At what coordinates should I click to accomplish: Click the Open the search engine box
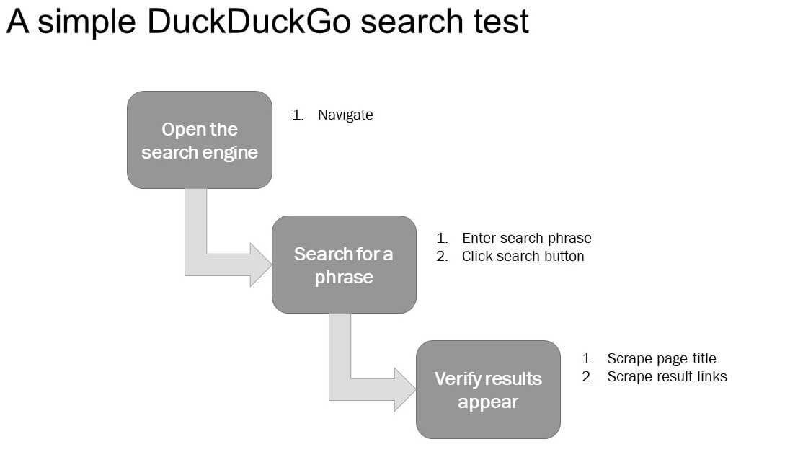pyautogui.click(x=200, y=140)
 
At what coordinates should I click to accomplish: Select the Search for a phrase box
pyautogui.click(x=344, y=265)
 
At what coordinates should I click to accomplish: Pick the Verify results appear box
pyautogui.click(x=488, y=389)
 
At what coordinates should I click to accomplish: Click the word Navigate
pyautogui.click(x=345, y=115)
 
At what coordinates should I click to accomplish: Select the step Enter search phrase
pyautogui.click(x=526, y=238)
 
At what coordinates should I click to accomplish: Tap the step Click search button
pyautogui.click(x=523, y=256)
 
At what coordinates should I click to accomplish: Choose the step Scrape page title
pyautogui.click(x=661, y=358)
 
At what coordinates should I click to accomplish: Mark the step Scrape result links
pyautogui.click(x=667, y=376)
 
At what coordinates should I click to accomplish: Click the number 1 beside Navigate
pyautogui.click(x=297, y=115)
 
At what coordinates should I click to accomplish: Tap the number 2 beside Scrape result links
pyautogui.click(x=587, y=376)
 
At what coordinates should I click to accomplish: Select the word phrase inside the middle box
pyautogui.click(x=344, y=278)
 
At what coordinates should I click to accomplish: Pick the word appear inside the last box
pyautogui.click(x=488, y=402)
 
